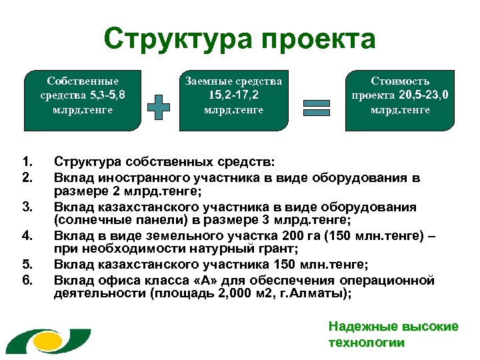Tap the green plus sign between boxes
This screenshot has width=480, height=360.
[159, 107]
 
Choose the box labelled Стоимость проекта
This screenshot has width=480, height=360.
[400, 99]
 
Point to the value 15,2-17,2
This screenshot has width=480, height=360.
[233, 95]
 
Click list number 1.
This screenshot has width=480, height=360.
[27, 161]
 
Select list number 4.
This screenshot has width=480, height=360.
[27, 235]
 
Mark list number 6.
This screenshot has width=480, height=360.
[27, 279]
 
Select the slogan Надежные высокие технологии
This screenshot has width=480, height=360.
[393, 335]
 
